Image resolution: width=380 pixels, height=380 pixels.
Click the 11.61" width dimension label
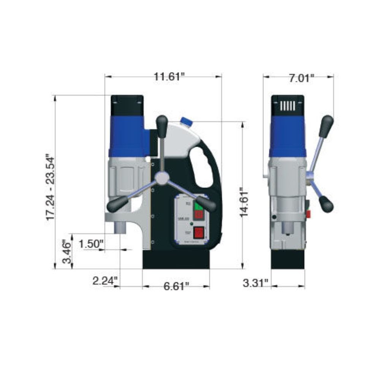(x=169, y=76)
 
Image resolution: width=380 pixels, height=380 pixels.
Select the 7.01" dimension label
(x=301, y=78)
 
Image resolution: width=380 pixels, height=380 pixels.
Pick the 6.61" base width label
(x=176, y=286)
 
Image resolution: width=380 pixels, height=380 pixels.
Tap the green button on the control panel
(x=198, y=206)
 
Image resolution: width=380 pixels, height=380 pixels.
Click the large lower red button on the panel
(x=198, y=232)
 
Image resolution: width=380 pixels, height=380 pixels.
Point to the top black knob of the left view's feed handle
(x=162, y=125)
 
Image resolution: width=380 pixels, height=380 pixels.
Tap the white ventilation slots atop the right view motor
(x=287, y=105)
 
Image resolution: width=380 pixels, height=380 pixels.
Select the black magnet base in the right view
(x=288, y=259)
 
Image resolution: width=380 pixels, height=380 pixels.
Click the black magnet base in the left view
(x=176, y=259)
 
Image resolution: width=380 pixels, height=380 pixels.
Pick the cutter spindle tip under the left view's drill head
(x=120, y=228)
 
